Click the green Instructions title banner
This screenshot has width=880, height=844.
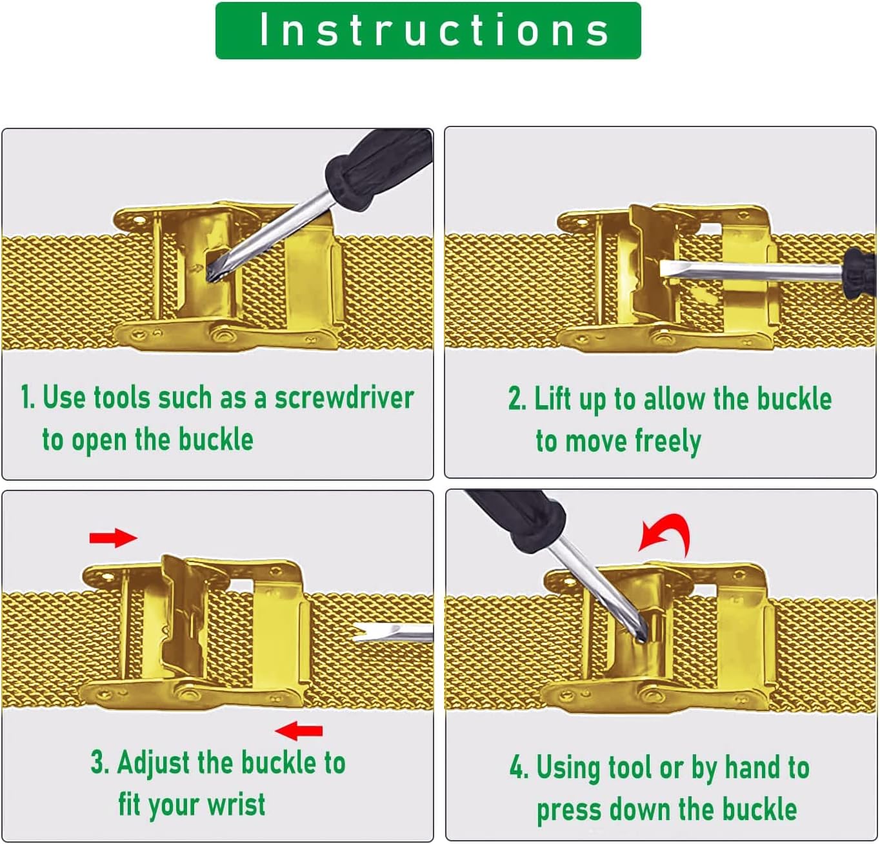[428, 30]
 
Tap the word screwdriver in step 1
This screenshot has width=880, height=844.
[344, 398]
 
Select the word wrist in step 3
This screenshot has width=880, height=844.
[236, 804]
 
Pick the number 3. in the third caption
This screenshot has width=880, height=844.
[100, 762]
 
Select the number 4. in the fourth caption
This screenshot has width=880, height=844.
[519, 768]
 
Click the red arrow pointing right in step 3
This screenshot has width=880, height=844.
[114, 538]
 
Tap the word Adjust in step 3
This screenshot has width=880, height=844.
[153, 763]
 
